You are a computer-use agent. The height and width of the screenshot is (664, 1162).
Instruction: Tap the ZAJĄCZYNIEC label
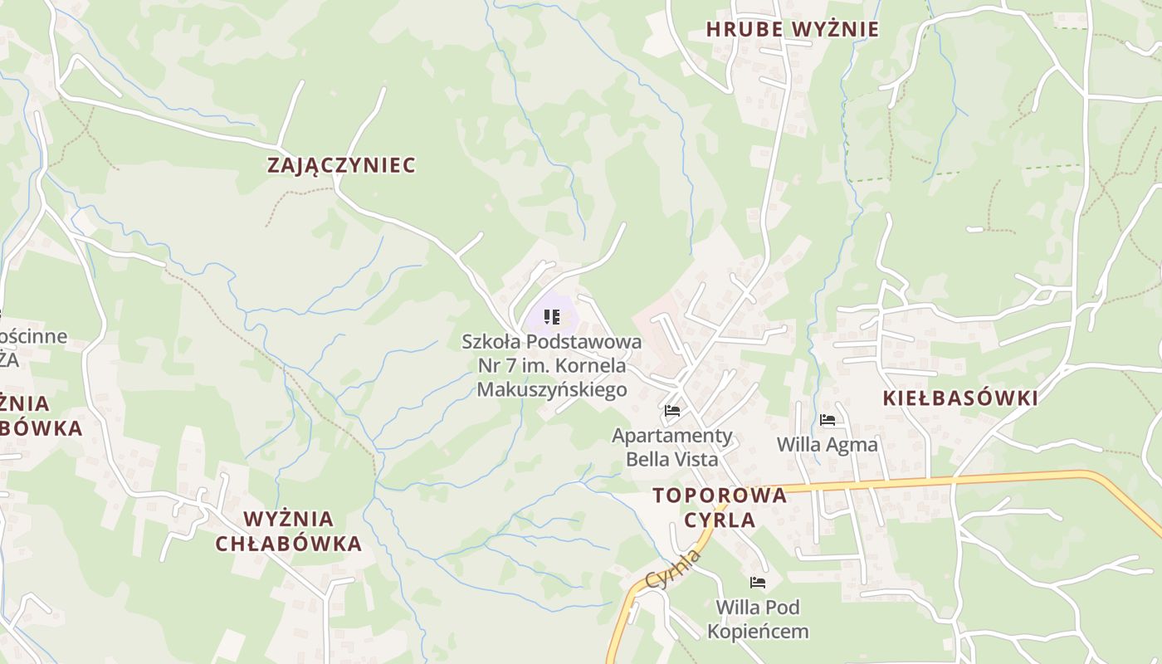point(341,165)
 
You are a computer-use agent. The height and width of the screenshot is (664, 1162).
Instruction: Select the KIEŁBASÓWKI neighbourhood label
point(959,398)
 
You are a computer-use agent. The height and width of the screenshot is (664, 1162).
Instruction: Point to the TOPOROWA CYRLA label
point(720,507)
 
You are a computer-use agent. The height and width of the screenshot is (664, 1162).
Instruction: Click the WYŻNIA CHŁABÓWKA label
point(289,531)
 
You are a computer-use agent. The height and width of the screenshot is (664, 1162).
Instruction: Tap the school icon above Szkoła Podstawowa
point(552,316)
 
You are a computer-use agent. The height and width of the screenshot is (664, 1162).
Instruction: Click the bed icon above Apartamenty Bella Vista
point(672,411)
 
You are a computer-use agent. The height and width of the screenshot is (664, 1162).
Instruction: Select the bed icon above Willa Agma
point(827,420)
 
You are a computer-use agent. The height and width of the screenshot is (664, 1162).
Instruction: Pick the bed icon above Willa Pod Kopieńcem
point(757,583)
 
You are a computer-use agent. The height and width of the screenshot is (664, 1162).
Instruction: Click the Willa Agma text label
point(827,445)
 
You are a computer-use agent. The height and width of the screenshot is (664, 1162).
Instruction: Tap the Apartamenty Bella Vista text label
point(672,447)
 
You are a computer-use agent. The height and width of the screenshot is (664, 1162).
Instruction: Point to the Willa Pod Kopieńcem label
point(757,619)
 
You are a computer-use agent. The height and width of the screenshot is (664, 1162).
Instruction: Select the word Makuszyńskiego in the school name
point(551,389)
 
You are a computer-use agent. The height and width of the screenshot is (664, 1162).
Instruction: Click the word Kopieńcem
point(757,632)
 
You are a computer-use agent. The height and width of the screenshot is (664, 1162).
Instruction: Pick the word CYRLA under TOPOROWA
point(720,520)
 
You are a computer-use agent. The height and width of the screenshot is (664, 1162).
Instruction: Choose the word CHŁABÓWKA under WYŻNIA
point(289,544)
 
